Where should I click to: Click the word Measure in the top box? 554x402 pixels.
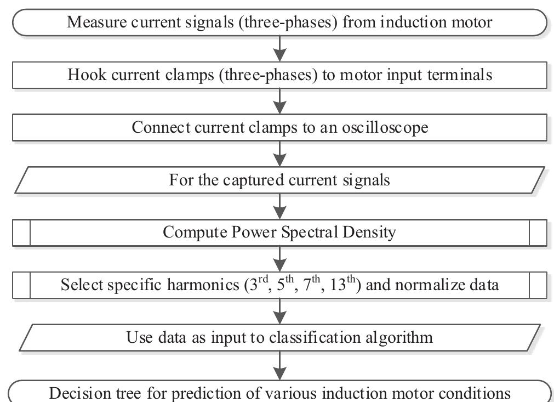tap(93, 22)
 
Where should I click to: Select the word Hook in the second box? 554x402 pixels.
tap(85, 75)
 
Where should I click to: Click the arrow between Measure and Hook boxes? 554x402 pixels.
tap(280, 49)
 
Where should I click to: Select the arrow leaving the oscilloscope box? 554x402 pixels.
tap(280, 154)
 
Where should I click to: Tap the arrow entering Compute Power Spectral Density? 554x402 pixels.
tap(280, 206)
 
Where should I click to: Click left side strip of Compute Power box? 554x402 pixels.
tap(21, 233)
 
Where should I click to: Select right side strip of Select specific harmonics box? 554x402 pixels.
tap(538, 285)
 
